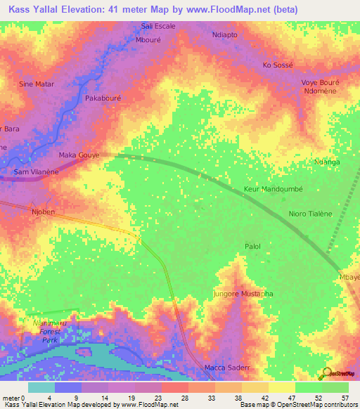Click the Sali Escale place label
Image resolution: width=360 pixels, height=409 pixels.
pyautogui.click(x=158, y=26)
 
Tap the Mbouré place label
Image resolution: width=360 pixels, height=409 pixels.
pyautogui.click(x=148, y=40)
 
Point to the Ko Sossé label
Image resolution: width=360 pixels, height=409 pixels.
pyautogui.click(x=277, y=65)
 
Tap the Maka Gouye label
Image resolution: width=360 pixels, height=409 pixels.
pyautogui.click(x=79, y=155)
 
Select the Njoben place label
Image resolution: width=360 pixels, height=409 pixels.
pyautogui.click(x=43, y=210)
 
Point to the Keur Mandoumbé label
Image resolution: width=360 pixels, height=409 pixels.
pyautogui.click(x=272, y=190)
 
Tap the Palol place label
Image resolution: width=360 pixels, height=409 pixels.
pyautogui.click(x=252, y=247)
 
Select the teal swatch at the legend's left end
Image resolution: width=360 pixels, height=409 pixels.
pyautogui.click(x=41, y=387)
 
